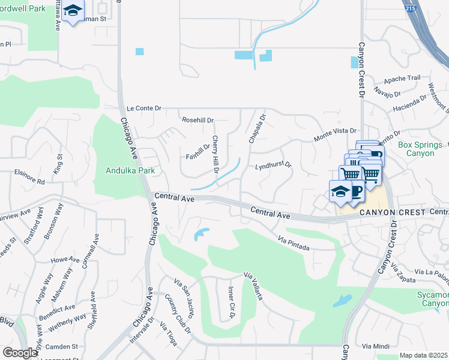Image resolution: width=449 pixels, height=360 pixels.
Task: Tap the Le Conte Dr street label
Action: click(x=144, y=109)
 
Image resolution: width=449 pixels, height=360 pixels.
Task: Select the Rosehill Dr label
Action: click(x=197, y=120)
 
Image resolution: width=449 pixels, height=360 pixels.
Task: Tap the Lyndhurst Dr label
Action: click(x=273, y=165)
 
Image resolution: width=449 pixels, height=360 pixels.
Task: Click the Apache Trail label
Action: click(x=402, y=79)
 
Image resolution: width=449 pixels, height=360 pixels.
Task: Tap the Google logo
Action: click(x=20, y=353)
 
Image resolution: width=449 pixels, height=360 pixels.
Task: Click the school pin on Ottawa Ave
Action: click(x=73, y=11)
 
